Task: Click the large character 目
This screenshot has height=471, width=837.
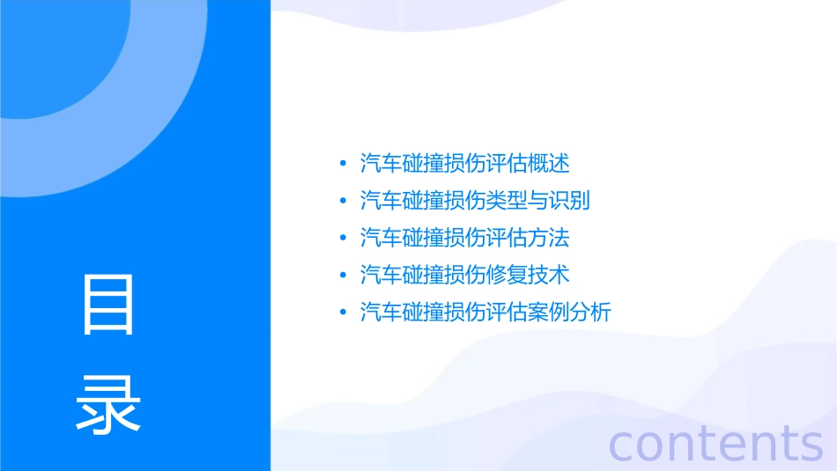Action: [108, 304]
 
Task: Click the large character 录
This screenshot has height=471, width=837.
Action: [108, 404]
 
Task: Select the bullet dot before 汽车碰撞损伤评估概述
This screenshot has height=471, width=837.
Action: [343, 164]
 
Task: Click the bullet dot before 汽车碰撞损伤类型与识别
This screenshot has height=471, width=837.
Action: [343, 201]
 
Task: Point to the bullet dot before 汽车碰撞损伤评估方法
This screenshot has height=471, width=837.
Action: [343, 238]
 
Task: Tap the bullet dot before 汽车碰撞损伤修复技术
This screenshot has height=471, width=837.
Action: [343, 275]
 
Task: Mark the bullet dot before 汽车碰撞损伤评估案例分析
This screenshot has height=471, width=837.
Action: [343, 312]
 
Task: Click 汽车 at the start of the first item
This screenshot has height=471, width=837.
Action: [381, 164]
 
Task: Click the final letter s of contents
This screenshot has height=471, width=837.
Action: [810, 444]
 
